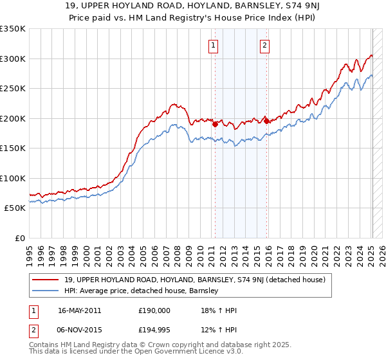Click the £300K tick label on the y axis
click(13, 59)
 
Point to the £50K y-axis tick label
click(15, 208)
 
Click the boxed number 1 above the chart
click(213, 45)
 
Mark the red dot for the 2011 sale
click(215, 125)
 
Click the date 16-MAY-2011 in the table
click(79, 310)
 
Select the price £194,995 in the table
click(154, 330)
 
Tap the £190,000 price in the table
click(154, 310)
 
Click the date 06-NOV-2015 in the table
click(79, 330)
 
